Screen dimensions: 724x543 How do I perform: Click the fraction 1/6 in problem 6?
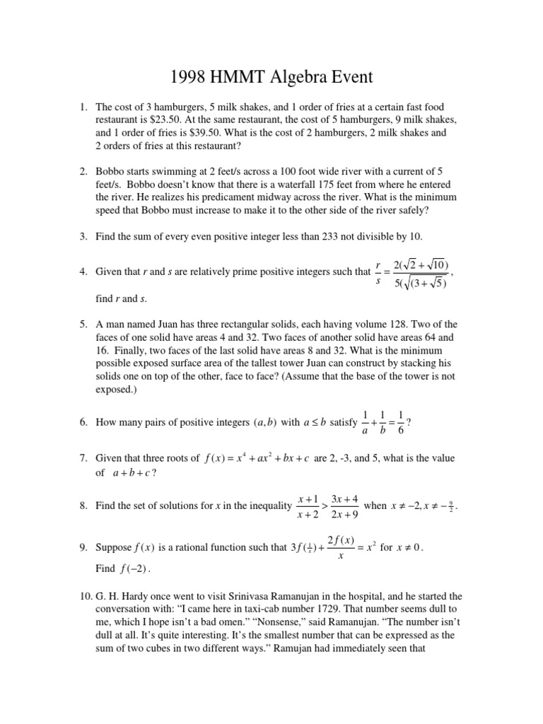tap(401, 422)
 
